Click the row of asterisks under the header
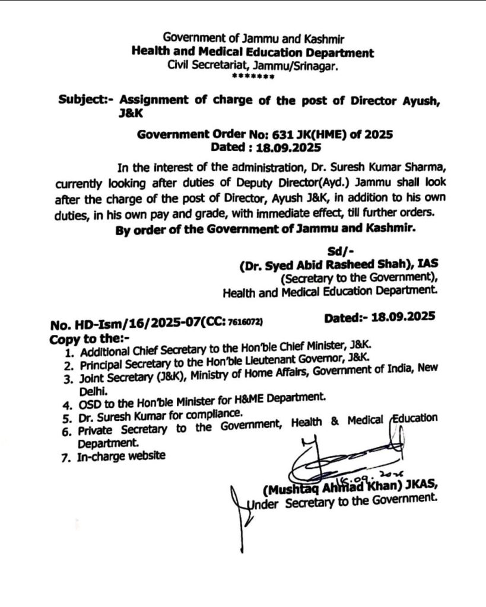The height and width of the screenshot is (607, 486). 253,77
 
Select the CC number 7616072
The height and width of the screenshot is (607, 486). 243,322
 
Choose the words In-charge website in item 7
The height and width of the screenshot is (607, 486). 121,456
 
